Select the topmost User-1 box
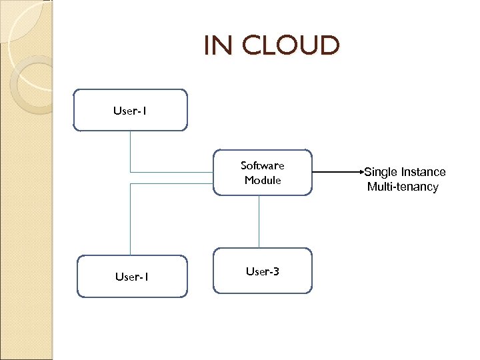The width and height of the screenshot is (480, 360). click(x=130, y=111)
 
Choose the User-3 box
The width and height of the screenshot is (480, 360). click(x=262, y=271)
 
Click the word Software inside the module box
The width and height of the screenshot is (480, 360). click(x=262, y=165)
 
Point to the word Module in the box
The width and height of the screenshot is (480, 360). click(x=262, y=180)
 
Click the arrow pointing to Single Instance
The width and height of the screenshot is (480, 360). click(x=337, y=173)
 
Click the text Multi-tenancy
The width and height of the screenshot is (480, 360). click(x=403, y=187)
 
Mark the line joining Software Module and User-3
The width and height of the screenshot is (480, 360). click(x=259, y=221)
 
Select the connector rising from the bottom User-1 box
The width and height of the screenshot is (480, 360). click(x=131, y=220)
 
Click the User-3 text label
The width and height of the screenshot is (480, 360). click(x=262, y=271)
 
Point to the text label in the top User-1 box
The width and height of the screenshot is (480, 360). click(x=130, y=111)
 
